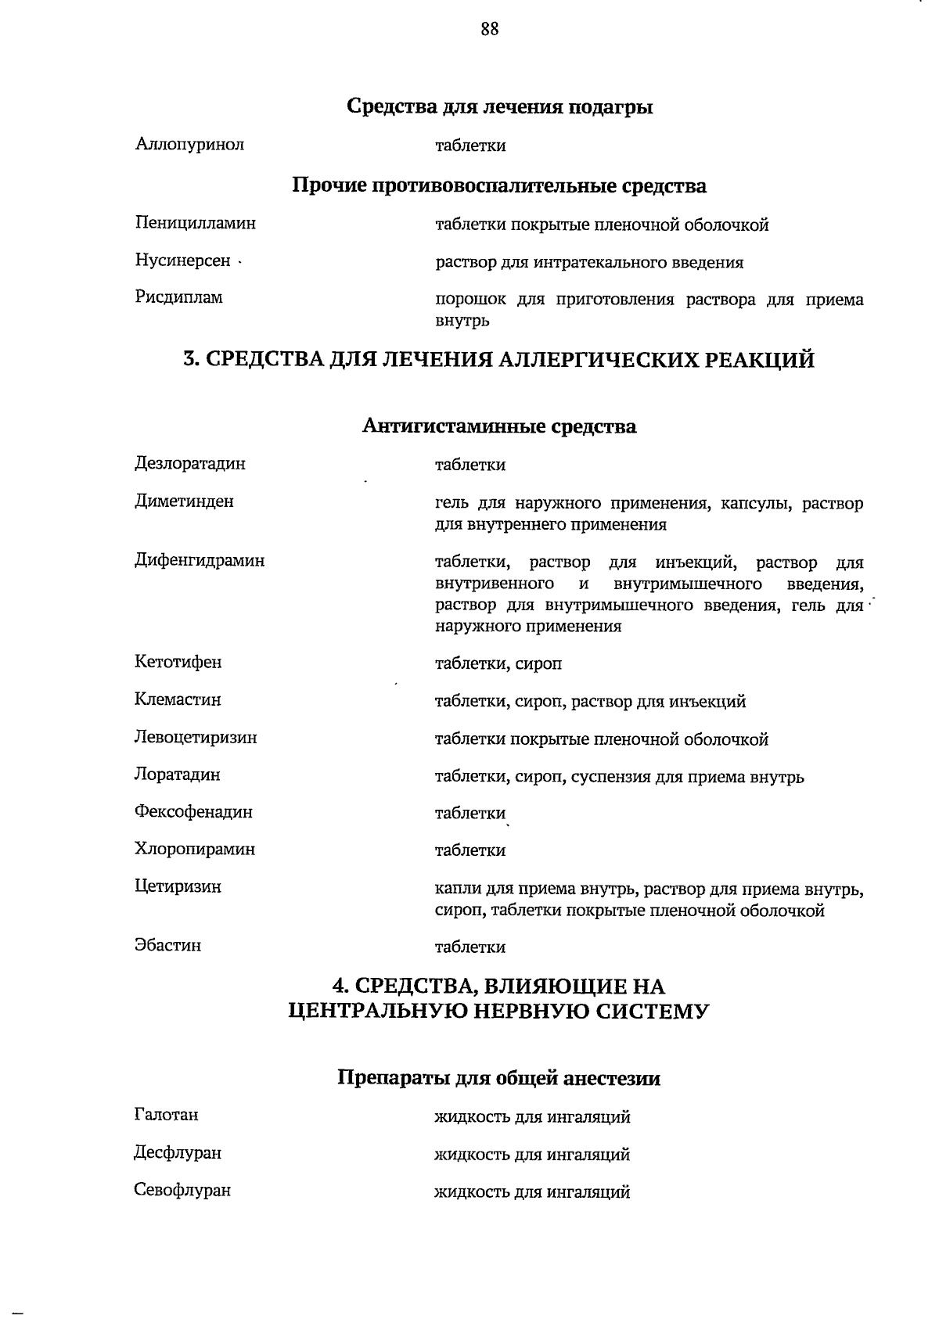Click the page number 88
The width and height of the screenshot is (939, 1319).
pyautogui.click(x=490, y=30)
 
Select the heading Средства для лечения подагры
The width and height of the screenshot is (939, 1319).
pyautogui.click(x=499, y=106)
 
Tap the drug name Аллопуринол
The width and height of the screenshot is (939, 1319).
pyautogui.click(x=189, y=145)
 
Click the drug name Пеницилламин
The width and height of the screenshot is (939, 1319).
pyautogui.click(x=195, y=223)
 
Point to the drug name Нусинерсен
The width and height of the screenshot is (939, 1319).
pyautogui.click(x=183, y=261)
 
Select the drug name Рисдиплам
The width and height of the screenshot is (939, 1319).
pyautogui.click(x=178, y=297)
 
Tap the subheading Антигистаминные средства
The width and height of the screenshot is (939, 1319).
pyautogui.click(x=499, y=426)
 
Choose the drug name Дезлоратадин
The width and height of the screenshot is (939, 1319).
pyautogui.click(x=189, y=463)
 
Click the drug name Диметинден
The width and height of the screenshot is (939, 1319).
pyautogui.click(x=184, y=501)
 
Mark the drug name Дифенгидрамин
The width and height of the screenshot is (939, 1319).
pyautogui.click(x=200, y=560)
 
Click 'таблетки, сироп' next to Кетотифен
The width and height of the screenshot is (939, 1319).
pyautogui.click(x=498, y=664)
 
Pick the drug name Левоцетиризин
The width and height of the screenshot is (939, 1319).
pyautogui.click(x=196, y=737)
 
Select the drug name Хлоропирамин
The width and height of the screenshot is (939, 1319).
pyautogui.click(x=195, y=849)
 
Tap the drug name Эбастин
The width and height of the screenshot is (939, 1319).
pyautogui.click(x=167, y=946)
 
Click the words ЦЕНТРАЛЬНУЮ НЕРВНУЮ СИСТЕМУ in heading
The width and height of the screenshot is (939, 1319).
pyautogui.click(x=499, y=1012)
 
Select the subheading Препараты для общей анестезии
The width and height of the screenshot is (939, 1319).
pyautogui.click(x=498, y=1079)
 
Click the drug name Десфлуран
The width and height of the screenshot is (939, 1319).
pyautogui.click(x=178, y=1153)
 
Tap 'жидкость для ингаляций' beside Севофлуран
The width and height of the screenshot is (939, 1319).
pyautogui.click(x=532, y=1192)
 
